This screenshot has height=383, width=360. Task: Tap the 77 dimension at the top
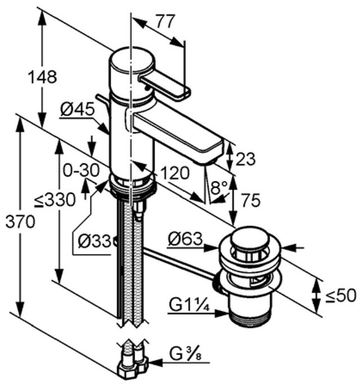[164, 22]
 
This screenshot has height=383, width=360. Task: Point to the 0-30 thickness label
[80, 169]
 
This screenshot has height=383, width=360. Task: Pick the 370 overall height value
[19, 222]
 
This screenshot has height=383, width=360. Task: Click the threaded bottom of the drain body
[248, 316]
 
